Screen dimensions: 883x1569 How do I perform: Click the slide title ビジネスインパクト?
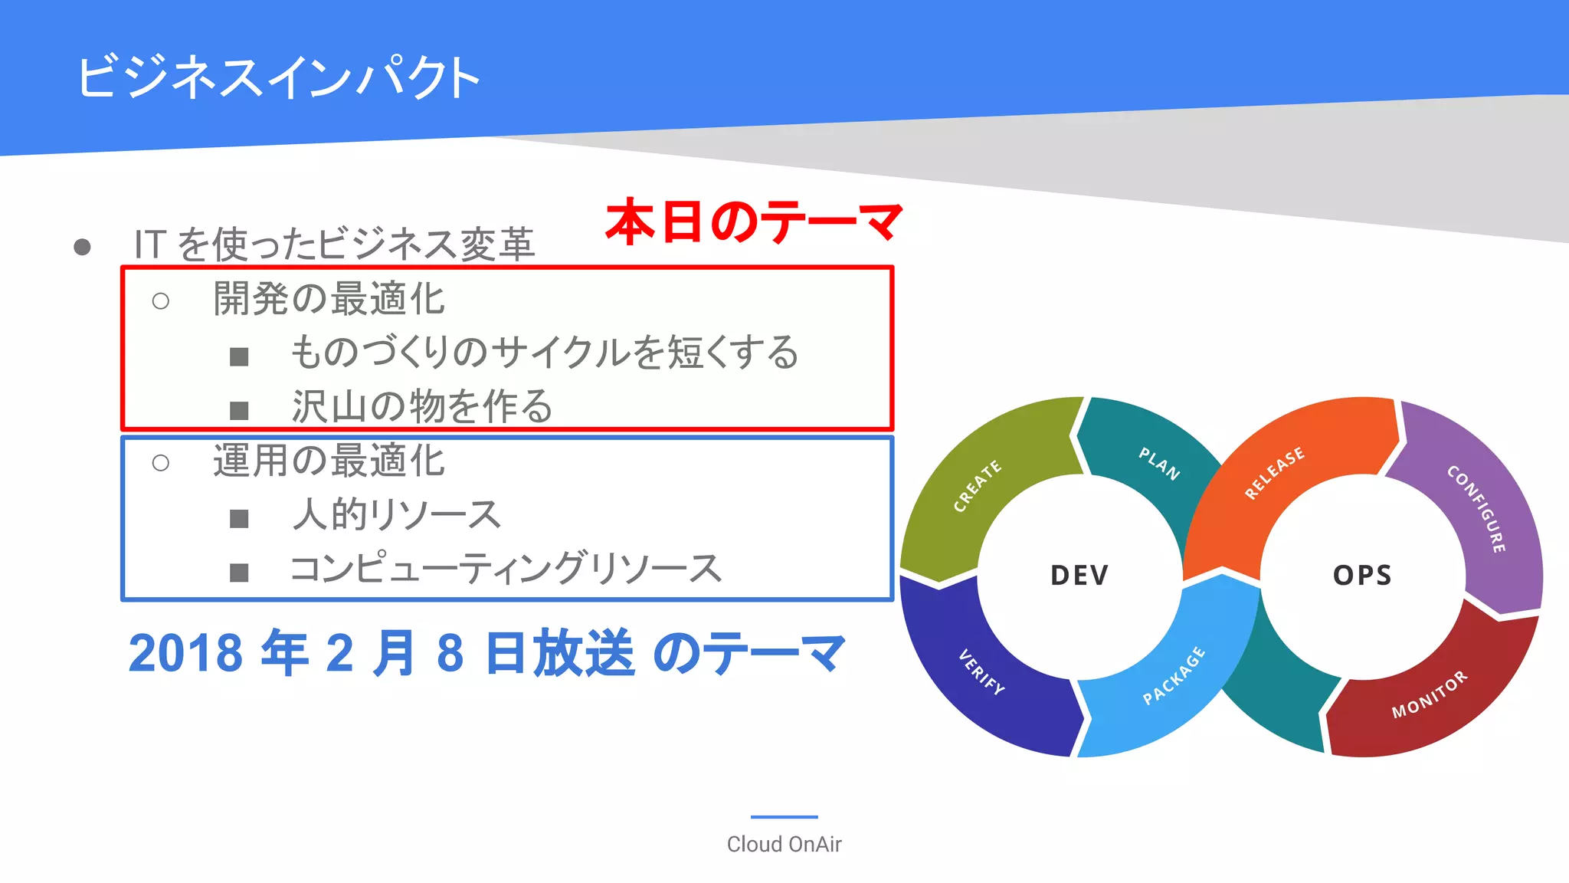[278, 77]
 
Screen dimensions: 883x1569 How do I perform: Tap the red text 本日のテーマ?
[754, 222]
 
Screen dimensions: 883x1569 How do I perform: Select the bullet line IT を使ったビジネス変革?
[334, 245]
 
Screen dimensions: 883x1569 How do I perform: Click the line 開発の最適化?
[329, 299]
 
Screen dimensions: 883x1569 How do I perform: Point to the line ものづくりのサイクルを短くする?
[545, 353]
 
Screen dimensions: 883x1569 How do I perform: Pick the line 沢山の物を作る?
[422, 405]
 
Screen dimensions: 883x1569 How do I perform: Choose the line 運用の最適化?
[329, 461]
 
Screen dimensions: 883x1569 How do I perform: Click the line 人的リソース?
[396, 514]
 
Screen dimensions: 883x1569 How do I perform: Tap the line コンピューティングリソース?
[506, 569]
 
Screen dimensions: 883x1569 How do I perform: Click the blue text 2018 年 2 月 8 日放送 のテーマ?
[487, 653]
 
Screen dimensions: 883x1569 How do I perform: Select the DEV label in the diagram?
[1079, 575]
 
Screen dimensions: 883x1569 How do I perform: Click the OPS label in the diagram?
[1362, 575]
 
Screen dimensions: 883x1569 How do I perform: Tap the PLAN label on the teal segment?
[1159, 464]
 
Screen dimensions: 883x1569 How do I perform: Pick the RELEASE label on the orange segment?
[1274, 473]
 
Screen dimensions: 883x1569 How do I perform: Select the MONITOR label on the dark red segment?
[1430, 694]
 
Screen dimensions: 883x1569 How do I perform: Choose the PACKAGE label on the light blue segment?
[1174, 675]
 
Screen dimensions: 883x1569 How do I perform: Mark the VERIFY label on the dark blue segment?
[981, 672]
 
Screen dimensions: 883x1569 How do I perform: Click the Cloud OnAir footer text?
[784, 844]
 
